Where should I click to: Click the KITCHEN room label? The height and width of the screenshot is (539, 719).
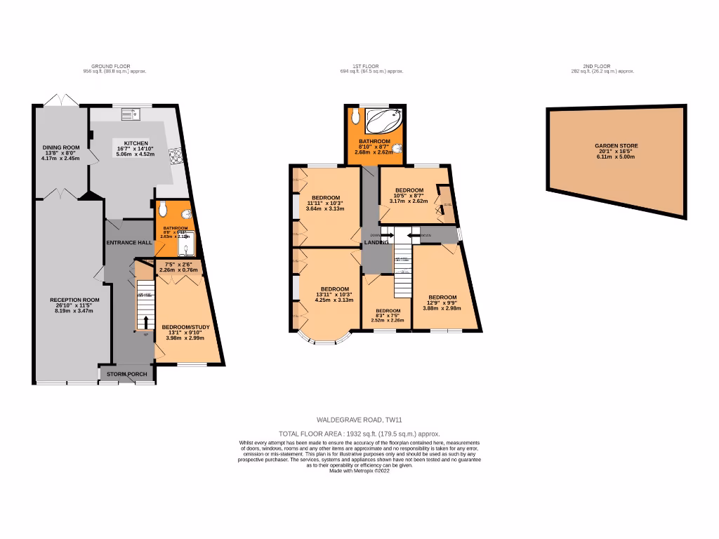tap(136, 142)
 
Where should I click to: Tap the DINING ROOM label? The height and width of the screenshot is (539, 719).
tap(60, 147)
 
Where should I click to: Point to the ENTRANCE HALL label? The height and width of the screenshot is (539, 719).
tap(129, 242)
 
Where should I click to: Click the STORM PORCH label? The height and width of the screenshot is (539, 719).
tap(127, 374)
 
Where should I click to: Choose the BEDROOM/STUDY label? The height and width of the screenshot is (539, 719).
tap(185, 327)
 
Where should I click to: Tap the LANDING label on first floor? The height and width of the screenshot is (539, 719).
tap(377, 242)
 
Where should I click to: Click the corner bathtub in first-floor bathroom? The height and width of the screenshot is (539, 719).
tap(383, 119)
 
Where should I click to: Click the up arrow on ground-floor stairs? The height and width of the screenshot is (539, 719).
tap(146, 321)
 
